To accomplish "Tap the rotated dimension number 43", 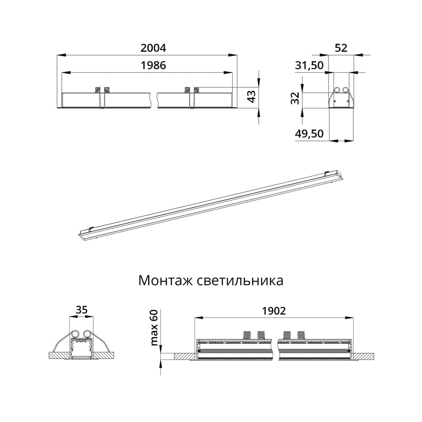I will (x=252, y=96).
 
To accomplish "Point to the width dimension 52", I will (x=341, y=48).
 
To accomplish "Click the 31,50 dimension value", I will (x=309, y=65).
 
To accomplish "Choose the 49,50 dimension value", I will (x=309, y=134).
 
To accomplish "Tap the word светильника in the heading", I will (x=240, y=281).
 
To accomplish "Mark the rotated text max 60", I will (x=154, y=327).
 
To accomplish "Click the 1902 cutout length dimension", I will (x=274, y=311).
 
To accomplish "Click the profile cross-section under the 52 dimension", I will (x=341, y=97).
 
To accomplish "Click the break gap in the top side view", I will (x=154, y=100).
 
